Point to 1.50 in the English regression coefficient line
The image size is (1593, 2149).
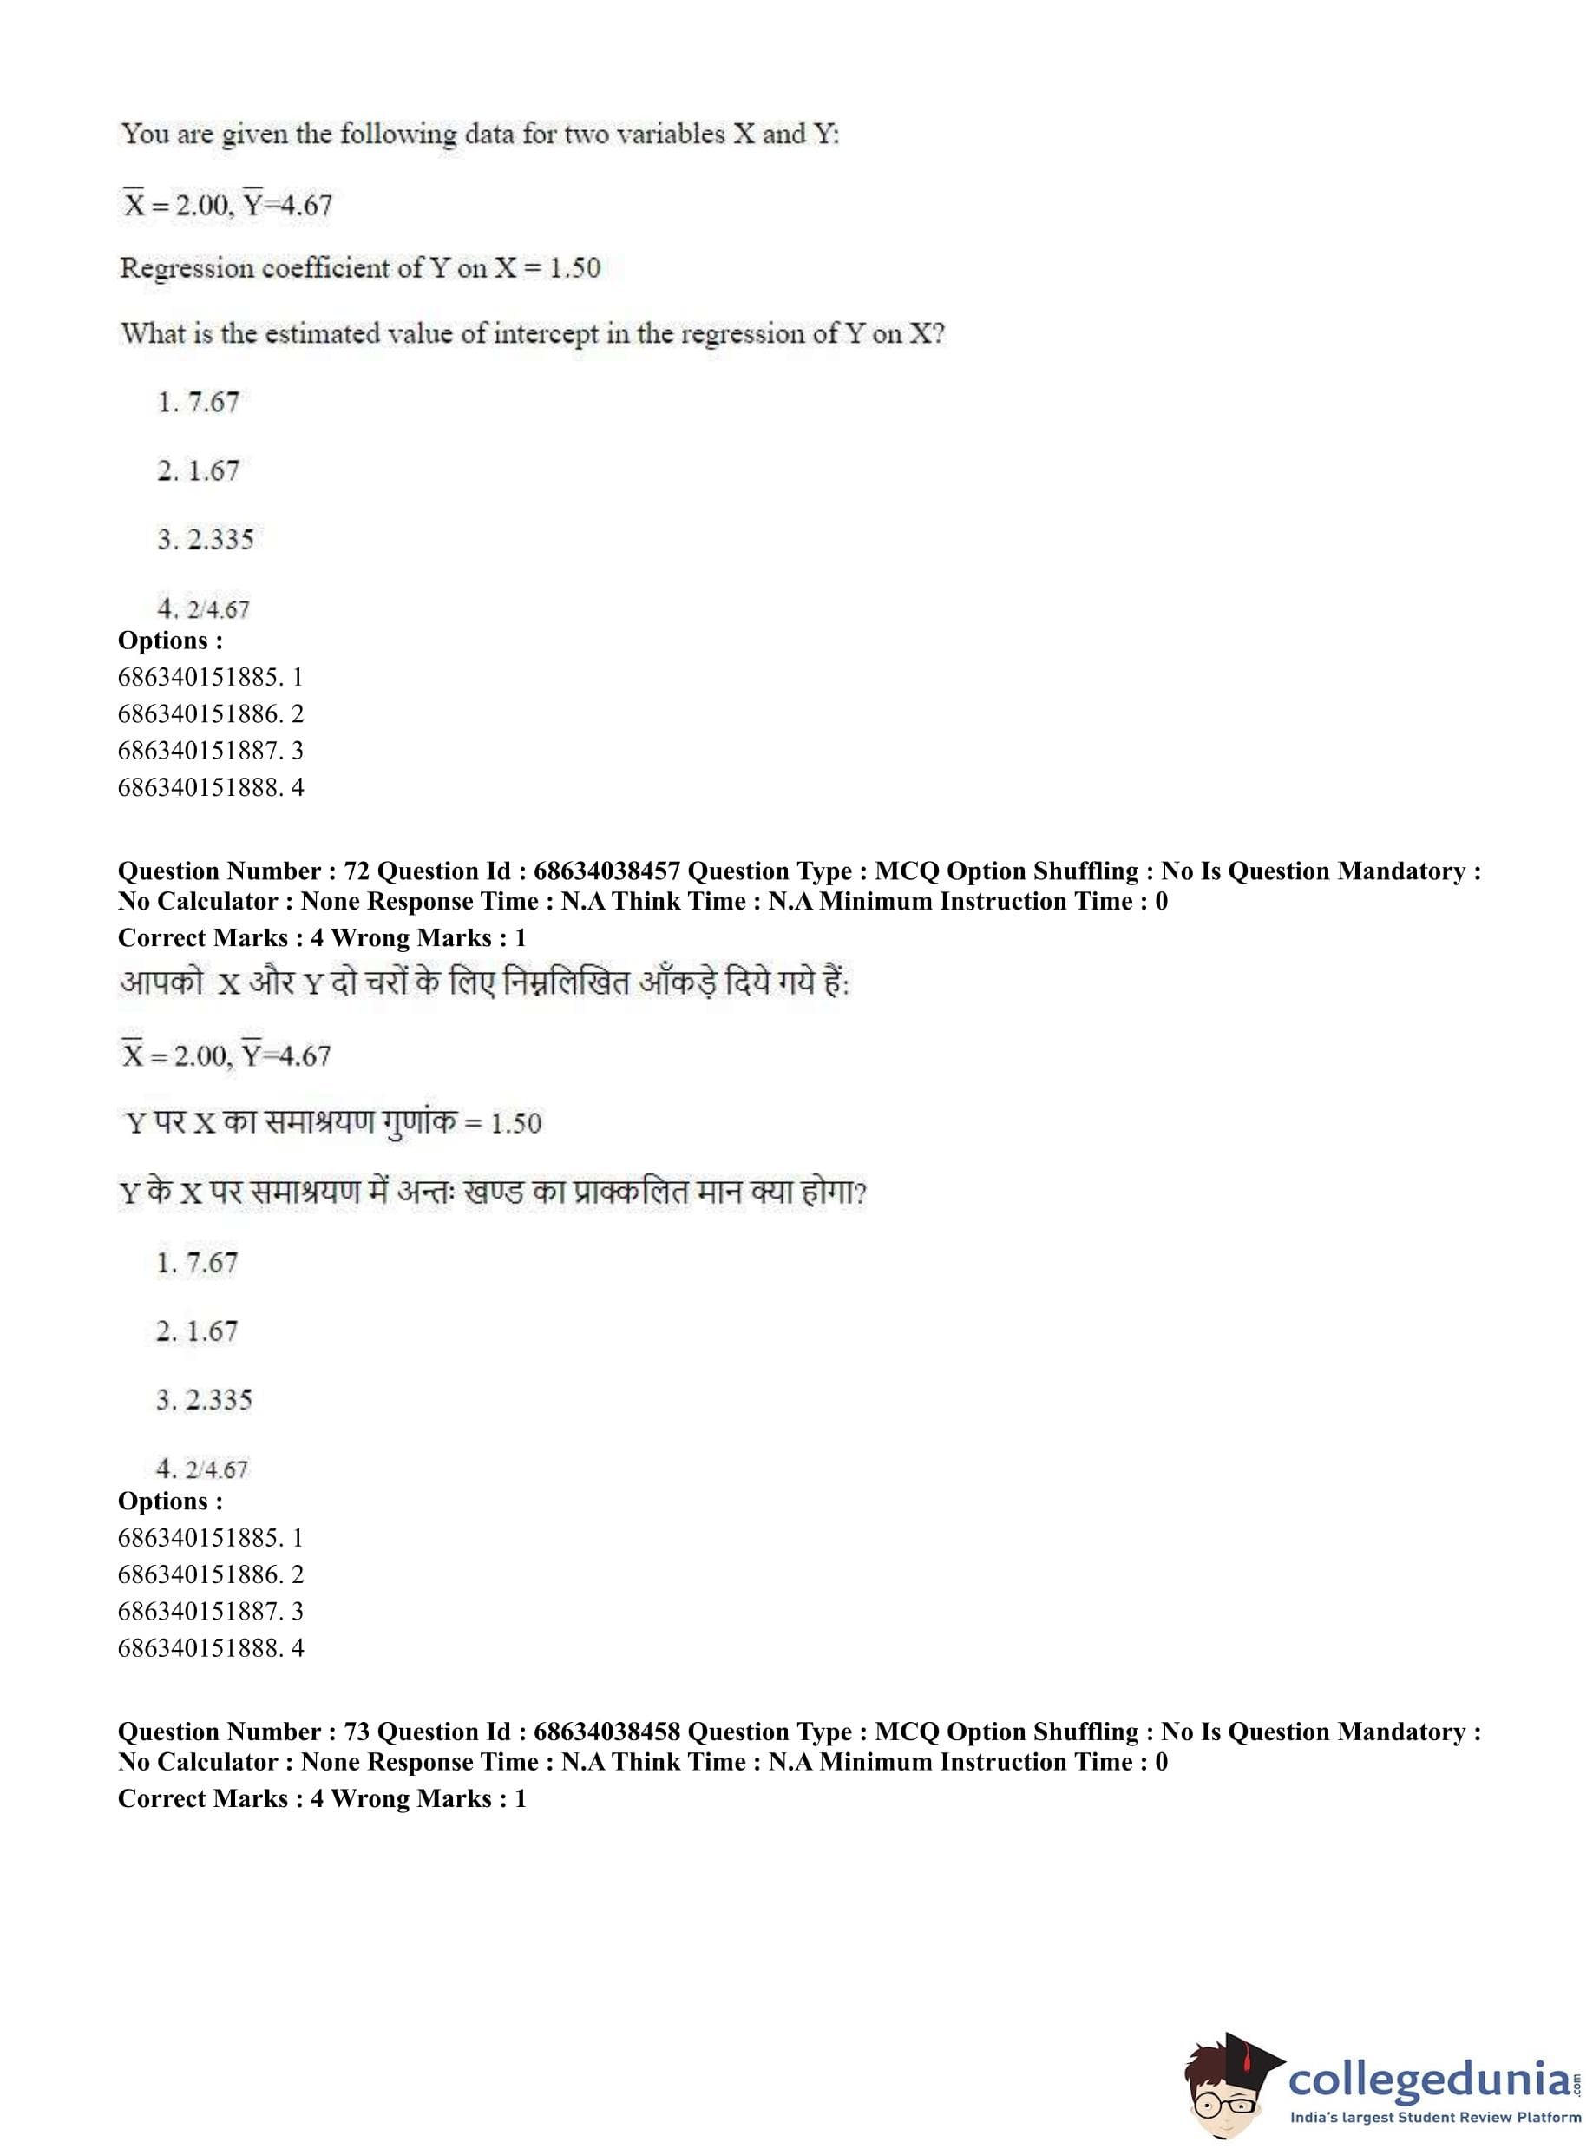coord(574,267)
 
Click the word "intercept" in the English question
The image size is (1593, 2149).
coord(546,334)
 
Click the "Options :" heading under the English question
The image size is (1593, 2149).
coord(170,641)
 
